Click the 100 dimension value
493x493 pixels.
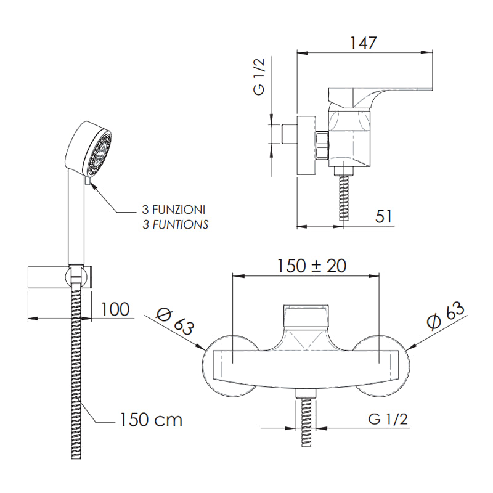click(x=115, y=309)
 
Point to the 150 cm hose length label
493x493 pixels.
click(x=150, y=420)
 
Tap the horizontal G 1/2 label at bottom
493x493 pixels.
click(x=388, y=419)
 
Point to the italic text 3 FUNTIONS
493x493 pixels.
click(x=175, y=225)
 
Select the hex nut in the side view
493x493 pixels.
click(x=322, y=145)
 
